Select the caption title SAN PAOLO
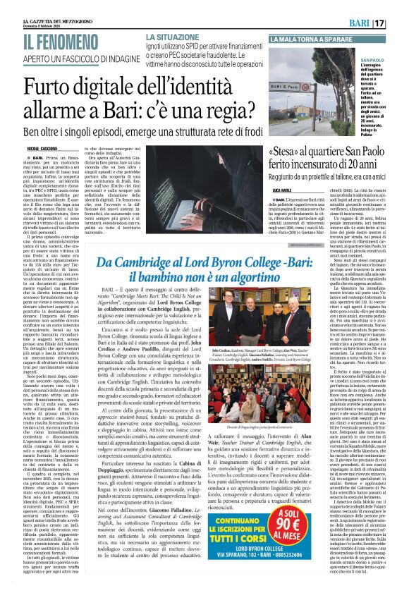pos(372,61)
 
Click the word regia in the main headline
pos(219,111)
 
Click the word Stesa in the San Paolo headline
pos(289,152)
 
